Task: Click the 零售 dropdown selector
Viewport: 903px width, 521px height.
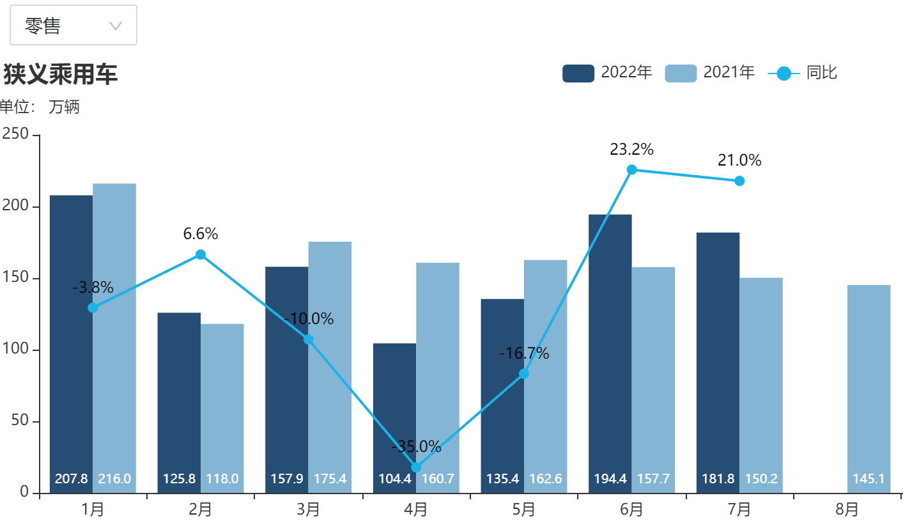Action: coord(73,26)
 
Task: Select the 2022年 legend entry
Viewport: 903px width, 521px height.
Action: coord(607,73)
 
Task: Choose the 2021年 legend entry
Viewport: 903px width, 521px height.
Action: coord(709,73)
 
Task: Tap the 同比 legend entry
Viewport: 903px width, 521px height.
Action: coord(803,73)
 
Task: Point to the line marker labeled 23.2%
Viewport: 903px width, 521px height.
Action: coord(631,169)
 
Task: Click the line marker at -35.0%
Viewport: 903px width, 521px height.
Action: coord(416,467)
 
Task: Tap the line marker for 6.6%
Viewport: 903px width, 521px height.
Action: coord(201,254)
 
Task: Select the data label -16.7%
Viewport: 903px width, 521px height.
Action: coord(524,354)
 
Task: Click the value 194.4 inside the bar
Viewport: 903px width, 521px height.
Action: coord(610,479)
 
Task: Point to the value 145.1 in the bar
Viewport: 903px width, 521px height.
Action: coord(868,479)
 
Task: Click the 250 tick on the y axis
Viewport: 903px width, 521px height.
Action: coord(15,134)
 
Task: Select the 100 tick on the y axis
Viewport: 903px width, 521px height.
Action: coord(15,350)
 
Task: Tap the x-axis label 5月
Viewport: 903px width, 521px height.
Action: coord(523,509)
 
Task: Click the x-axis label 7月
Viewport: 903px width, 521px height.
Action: coord(739,509)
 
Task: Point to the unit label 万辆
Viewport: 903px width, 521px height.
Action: coord(64,107)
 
